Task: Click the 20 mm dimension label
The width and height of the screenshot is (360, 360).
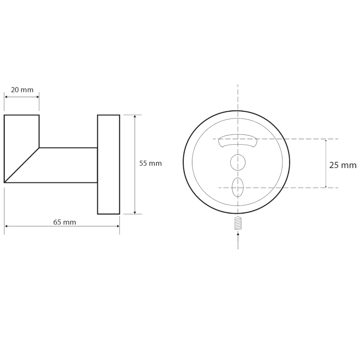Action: [22, 90]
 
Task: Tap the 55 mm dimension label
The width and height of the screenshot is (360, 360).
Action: [150, 164]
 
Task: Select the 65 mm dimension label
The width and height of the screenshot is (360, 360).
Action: [64, 222]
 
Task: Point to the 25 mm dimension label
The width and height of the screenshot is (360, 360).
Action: [343, 165]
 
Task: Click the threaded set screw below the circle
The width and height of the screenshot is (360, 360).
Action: [238, 223]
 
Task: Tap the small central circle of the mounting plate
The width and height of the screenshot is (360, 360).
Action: [238, 162]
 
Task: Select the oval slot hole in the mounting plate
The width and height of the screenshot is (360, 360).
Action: [238, 187]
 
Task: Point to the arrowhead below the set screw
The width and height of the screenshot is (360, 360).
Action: [238, 234]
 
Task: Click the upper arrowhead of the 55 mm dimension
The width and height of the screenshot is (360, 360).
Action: [135, 116]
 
